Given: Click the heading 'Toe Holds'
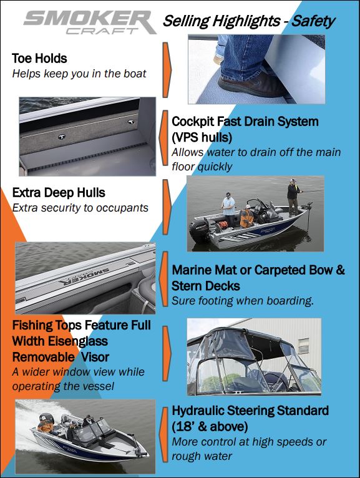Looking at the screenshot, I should click(x=39, y=59).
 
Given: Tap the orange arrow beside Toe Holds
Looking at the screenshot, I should click(x=167, y=63).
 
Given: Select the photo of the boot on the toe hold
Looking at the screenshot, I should click(x=256, y=69).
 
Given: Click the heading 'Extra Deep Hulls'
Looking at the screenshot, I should click(x=59, y=193).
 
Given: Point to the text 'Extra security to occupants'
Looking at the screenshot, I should click(x=80, y=207).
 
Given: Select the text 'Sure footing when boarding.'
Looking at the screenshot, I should click(x=242, y=301).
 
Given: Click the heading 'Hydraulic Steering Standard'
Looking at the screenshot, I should click(x=250, y=411).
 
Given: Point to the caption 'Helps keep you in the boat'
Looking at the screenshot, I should click(x=79, y=74).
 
